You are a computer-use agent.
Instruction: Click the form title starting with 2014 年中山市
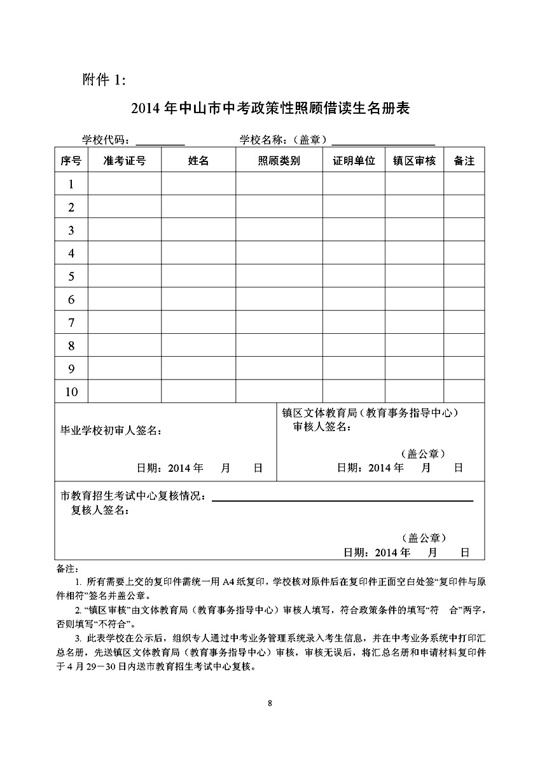(x=270, y=109)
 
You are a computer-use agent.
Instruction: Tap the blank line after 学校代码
(x=160, y=141)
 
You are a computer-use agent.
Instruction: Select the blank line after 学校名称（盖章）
(x=383, y=141)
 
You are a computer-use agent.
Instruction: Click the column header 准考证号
(x=125, y=161)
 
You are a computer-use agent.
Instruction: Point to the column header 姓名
(x=198, y=161)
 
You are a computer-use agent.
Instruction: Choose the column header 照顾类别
(x=279, y=161)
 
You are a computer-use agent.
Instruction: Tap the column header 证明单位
(x=354, y=161)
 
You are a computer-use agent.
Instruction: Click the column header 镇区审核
(x=414, y=161)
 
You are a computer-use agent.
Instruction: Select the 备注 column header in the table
(x=464, y=161)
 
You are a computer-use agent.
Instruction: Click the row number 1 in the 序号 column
(x=71, y=184)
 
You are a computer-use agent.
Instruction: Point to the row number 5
(x=71, y=277)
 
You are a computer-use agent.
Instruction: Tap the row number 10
(x=71, y=392)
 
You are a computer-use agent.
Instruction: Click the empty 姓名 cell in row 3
(x=198, y=230)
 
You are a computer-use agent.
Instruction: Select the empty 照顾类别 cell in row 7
(x=279, y=323)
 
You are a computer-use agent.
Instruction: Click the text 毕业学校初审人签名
(x=110, y=430)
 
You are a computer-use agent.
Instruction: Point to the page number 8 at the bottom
(x=270, y=703)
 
